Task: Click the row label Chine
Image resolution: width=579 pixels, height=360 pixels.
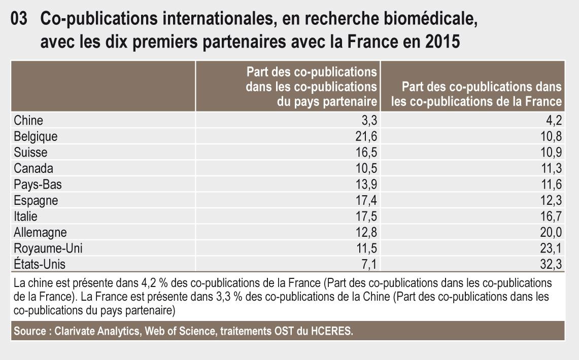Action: [x=28, y=121]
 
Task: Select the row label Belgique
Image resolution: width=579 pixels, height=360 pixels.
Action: [x=36, y=136]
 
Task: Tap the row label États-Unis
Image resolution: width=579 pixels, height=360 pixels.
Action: [x=40, y=264]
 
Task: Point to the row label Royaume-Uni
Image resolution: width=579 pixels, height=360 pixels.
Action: [x=48, y=248]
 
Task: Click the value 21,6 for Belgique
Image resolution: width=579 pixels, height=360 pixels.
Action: [x=365, y=136]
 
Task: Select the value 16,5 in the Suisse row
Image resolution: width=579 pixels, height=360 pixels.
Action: [x=365, y=153]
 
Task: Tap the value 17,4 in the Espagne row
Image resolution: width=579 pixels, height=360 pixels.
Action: [x=365, y=200]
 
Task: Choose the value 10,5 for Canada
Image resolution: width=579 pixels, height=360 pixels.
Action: [x=365, y=168]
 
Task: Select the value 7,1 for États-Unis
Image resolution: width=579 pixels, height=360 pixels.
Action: [x=369, y=264]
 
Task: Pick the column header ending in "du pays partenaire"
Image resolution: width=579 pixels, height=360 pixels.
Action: [x=312, y=86]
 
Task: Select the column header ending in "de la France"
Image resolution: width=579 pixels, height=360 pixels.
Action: [x=477, y=94]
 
